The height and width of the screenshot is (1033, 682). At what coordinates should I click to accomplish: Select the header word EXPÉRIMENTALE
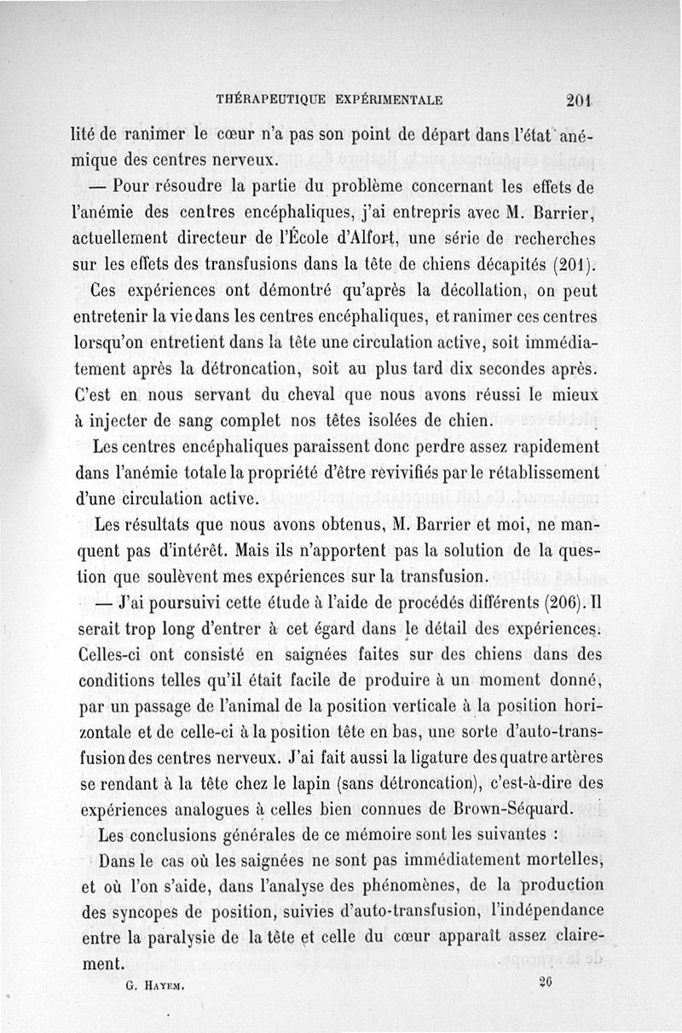coord(389,99)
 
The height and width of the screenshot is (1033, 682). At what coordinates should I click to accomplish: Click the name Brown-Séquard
coord(517,809)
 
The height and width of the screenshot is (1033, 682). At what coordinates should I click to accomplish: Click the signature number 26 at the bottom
coord(546,982)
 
